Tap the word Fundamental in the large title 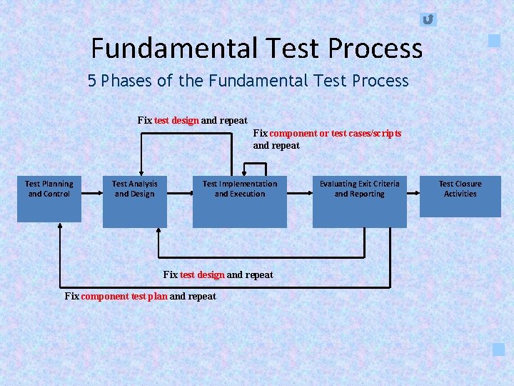point(173,49)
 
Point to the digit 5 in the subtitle point(92,81)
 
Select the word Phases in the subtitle point(126,81)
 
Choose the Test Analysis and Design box point(134,201)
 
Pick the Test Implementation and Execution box point(239,201)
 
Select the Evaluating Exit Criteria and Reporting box point(359,201)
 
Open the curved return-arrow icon point(428,19)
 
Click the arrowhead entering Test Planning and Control point(60,225)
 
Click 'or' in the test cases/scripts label point(325,134)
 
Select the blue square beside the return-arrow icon point(494,41)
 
